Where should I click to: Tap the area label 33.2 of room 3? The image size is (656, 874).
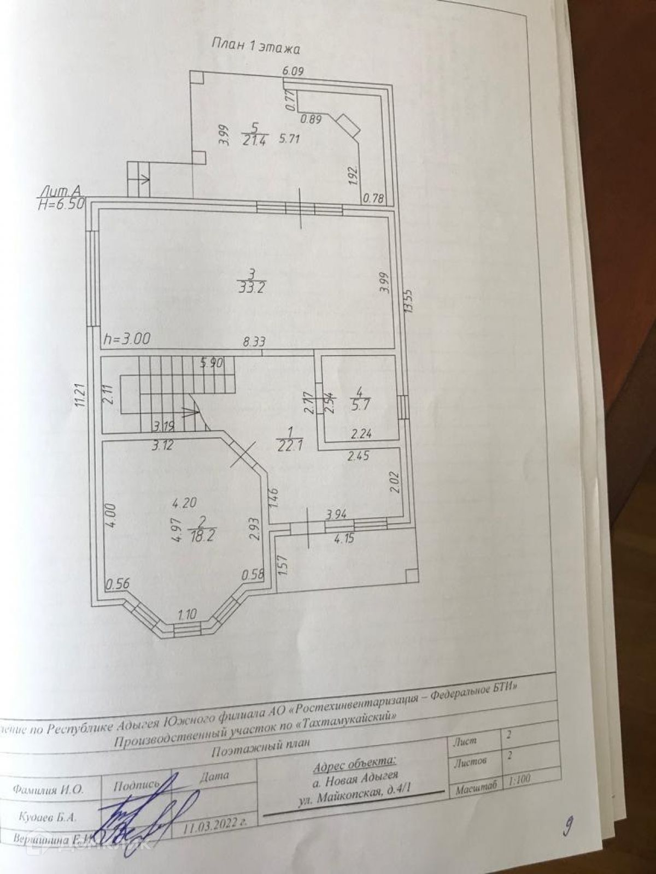253,288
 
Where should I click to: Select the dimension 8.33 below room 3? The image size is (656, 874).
254,343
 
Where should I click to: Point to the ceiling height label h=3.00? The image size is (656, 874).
126,339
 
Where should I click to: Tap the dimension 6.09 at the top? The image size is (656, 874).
292,70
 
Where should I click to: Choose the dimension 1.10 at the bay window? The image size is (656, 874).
188,613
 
